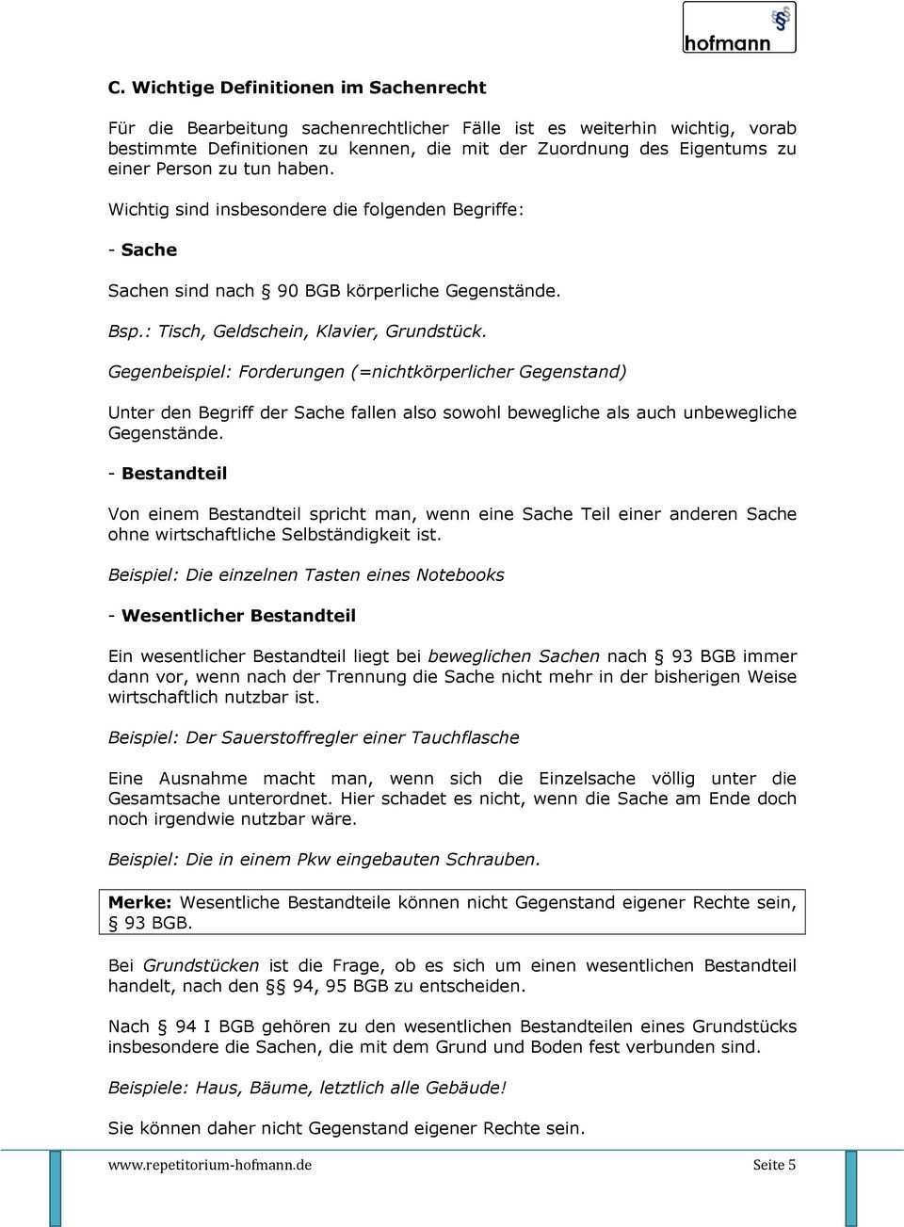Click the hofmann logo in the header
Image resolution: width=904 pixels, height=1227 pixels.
coord(738,27)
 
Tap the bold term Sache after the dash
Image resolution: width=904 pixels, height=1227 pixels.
coord(149,250)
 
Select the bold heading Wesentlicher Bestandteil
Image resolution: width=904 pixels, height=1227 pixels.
coord(238,616)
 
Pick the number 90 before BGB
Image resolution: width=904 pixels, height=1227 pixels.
coord(288,291)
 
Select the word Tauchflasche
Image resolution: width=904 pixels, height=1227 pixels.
coord(465,737)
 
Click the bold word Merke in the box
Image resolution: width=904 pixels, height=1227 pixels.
coord(139,902)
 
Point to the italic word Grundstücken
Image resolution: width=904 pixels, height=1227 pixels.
coord(201,966)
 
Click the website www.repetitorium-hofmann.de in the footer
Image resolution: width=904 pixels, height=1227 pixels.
coord(210,1165)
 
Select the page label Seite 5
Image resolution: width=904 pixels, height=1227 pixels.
coord(774,1165)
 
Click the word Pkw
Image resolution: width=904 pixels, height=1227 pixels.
coord(314,860)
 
